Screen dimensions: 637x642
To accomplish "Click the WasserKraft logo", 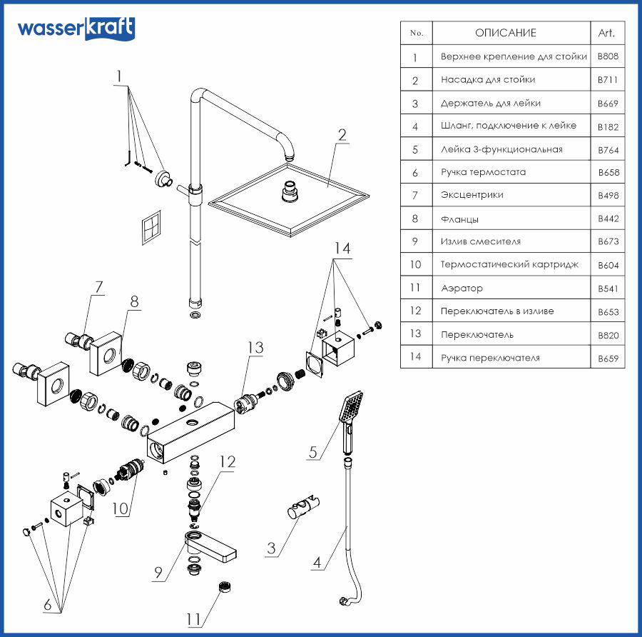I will coord(75,29).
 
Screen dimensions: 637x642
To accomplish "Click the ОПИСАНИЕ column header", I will coord(505,33).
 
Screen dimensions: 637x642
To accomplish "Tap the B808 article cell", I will coord(608,56).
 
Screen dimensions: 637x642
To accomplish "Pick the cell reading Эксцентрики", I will coord(472,195).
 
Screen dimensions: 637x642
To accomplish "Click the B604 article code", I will coord(608,265).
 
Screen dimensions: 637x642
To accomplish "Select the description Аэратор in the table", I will coord(462,289).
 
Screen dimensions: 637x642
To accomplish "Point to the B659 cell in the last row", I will coord(608,358).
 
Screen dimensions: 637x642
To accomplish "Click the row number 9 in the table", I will coord(416,241).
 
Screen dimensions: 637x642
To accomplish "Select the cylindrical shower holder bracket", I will coord(303,511).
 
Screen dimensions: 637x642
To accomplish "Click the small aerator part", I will coord(226,586).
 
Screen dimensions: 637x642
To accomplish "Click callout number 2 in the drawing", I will coord(342,135).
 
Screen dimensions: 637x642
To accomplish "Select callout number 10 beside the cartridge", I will coord(121,509).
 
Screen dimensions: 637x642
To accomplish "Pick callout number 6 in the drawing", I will coord(49,606).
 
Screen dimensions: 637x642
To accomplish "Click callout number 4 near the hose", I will coord(320,562).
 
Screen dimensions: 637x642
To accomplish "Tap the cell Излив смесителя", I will coord(480,241).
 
